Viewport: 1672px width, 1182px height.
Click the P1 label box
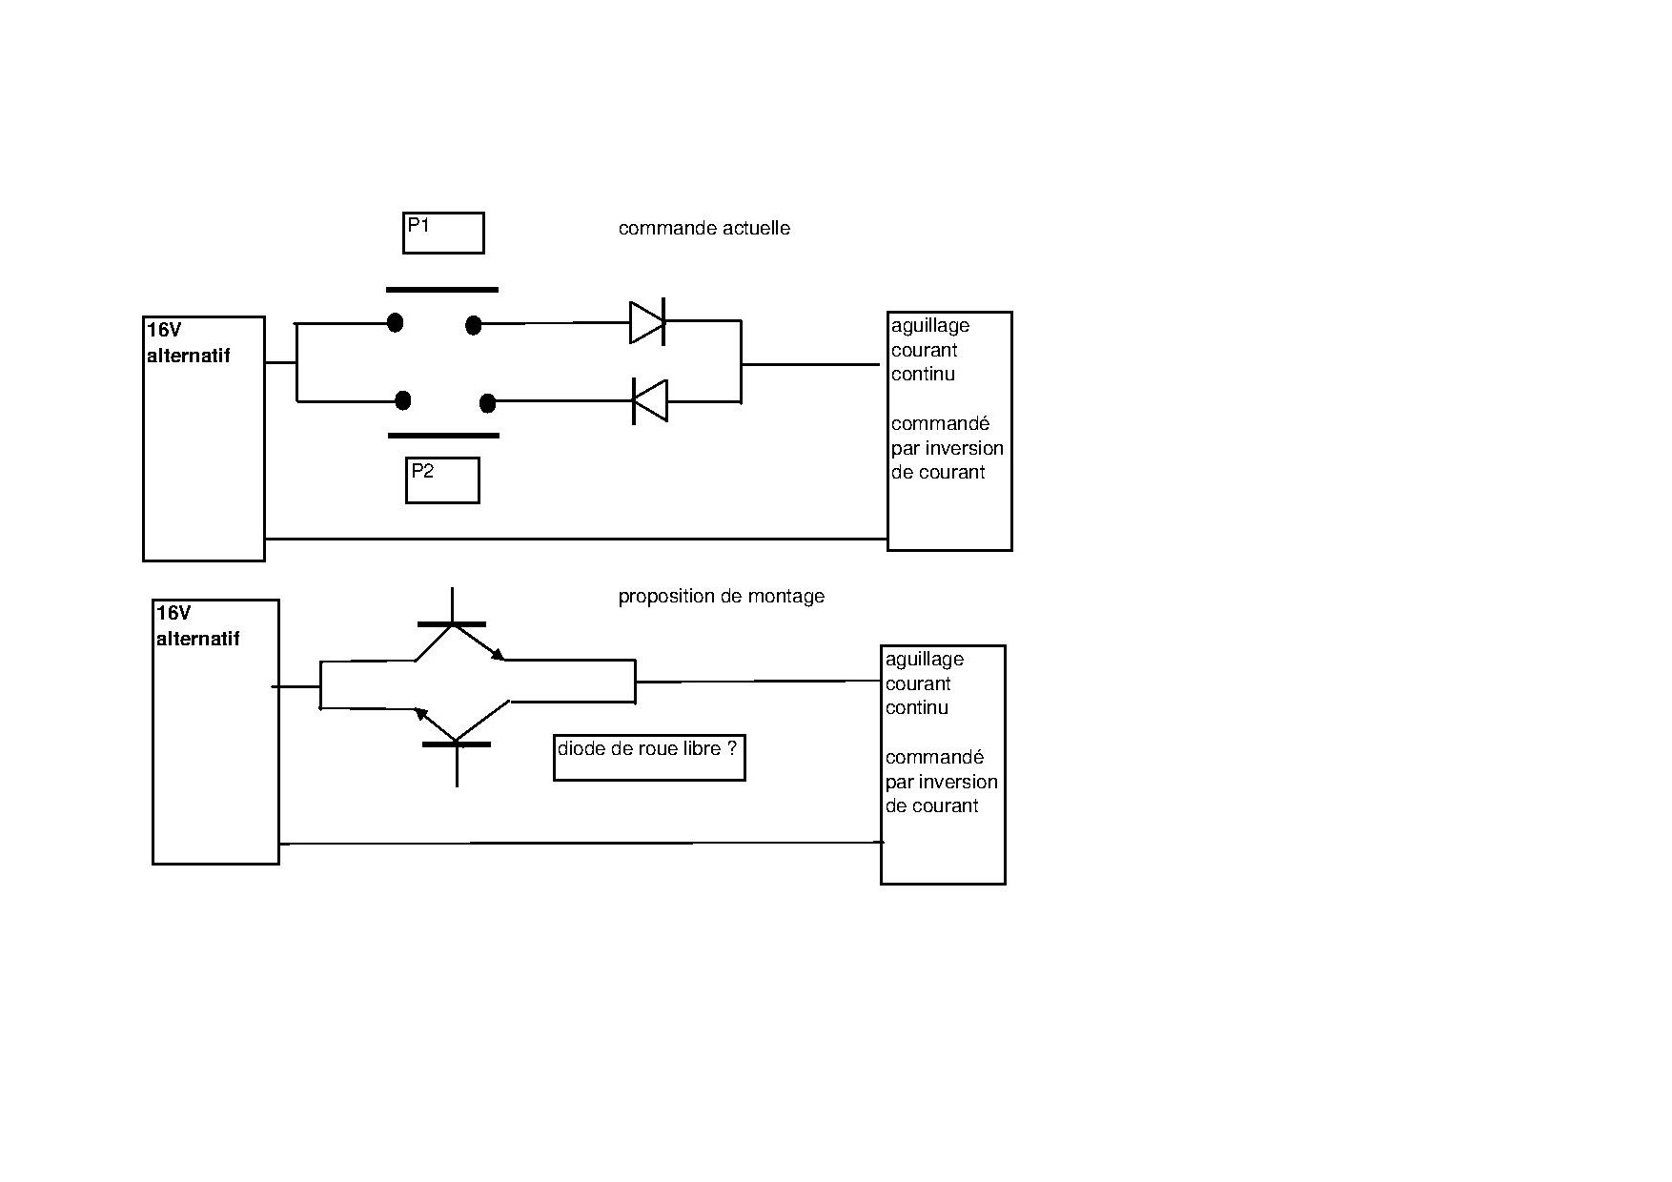tap(443, 233)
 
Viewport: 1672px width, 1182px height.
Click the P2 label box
tap(442, 480)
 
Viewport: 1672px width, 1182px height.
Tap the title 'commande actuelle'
tap(703, 229)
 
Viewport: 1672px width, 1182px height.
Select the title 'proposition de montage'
tap(721, 597)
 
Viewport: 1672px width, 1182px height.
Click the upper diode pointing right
tap(647, 322)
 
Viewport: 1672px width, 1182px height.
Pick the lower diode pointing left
tap(650, 401)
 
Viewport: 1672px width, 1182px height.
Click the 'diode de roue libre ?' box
tap(648, 758)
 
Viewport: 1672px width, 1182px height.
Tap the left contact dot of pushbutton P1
tap(395, 323)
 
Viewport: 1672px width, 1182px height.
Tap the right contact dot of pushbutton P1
tap(473, 326)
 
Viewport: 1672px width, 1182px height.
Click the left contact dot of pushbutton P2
tap(403, 400)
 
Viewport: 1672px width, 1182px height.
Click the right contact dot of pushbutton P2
tap(487, 403)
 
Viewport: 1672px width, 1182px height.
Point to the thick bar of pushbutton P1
tap(441, 290)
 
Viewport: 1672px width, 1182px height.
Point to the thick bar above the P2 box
tap(443, 436)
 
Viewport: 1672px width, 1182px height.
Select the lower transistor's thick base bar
tap(457, 744)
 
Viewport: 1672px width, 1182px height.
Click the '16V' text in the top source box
tap(164, 331)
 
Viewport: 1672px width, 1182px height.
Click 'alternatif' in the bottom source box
tap(197, 640)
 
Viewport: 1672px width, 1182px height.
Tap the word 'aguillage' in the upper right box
tap(929, 326)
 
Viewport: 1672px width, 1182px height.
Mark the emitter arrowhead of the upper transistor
tap(498, 655)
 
